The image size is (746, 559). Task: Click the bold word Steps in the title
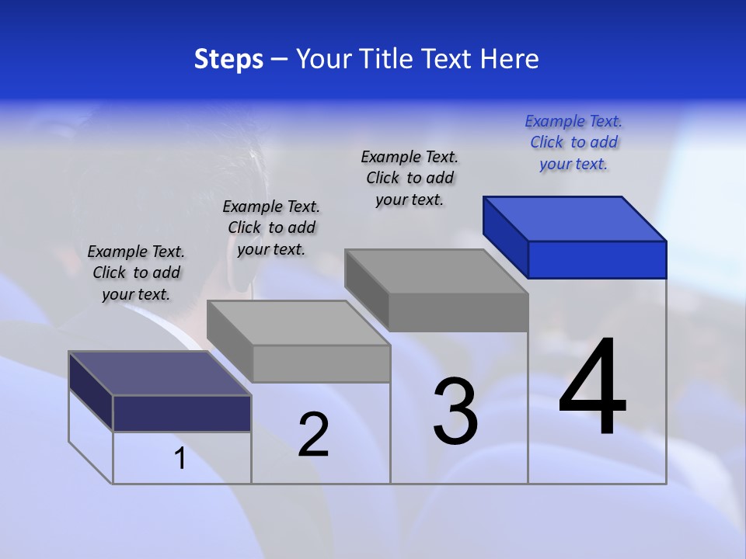(228, 59)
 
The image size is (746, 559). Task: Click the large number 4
(592, 388)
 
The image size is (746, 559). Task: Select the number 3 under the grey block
(455, 411)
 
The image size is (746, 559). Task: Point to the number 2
(313, 435)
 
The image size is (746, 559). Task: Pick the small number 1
(180, 459)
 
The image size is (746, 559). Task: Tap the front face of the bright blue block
(597, 259)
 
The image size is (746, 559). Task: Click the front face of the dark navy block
(182, 413)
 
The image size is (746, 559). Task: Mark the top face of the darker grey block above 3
(436, 271)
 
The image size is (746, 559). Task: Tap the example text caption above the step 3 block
(410, 178)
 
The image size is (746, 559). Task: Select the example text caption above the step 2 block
(271, 227)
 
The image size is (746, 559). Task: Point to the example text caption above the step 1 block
(136, 273)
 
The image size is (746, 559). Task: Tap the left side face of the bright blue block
(505, 236)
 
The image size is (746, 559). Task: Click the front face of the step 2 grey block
(322, 363)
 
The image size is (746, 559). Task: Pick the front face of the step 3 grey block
(458, 312)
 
